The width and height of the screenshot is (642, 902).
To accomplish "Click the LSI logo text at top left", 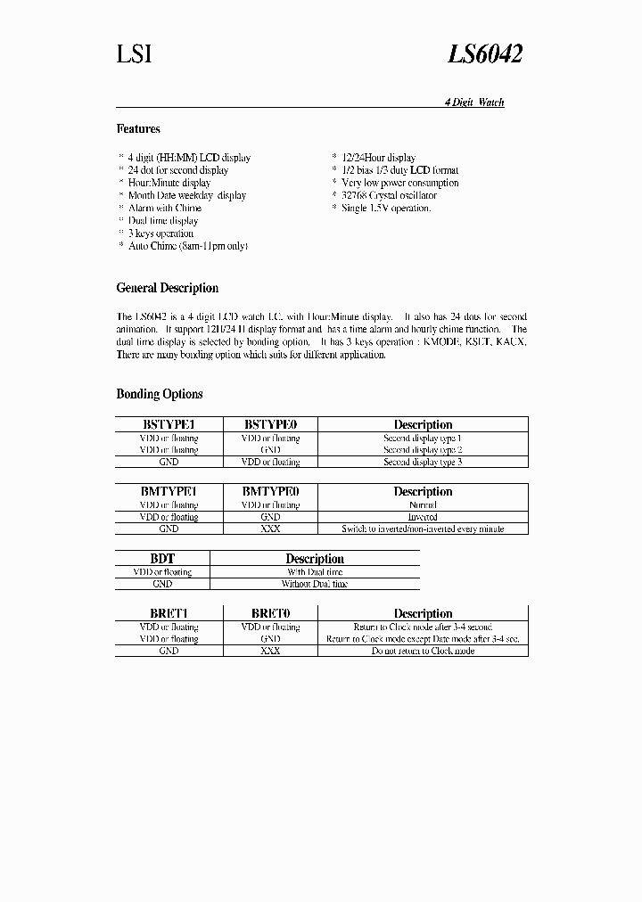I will coord(134,54).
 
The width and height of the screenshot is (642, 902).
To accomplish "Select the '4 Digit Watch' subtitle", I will coord(474,102).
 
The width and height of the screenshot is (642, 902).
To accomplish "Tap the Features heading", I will coord(138,129).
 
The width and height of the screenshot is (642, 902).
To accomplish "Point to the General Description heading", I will coord(167,288).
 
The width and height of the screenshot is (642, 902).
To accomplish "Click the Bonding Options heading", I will coord(160,394).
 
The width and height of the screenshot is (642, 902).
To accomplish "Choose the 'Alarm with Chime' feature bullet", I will coord(165,208).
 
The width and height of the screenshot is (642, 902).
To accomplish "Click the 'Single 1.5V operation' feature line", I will coord(386,208).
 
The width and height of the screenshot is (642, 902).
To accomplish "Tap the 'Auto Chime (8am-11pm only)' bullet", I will coord(187,245).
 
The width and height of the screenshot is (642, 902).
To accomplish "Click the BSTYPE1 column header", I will coord(169,425).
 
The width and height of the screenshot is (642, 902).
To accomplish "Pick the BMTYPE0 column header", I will coord(270,492).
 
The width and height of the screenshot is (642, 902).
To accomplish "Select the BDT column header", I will coord(162,559).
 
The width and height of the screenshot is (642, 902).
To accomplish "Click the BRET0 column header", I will coord(270,613).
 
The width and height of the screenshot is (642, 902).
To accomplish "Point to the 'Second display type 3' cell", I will coord(423,462).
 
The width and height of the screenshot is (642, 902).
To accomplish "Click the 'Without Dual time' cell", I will coord(315,584).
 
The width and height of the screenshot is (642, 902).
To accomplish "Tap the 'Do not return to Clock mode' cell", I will coord(423,651).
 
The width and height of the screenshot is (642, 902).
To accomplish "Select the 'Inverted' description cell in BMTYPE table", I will coord(423,517).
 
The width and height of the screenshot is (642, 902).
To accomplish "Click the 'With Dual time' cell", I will coord(315,572).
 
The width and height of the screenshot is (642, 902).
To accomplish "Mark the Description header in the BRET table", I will coord(423,613).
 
